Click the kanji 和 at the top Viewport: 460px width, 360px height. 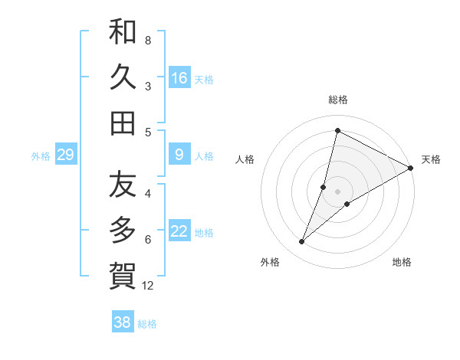[x=123, y=31]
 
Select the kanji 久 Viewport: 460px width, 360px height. [x=123, y=77]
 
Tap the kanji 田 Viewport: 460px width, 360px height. [x=123, y=123]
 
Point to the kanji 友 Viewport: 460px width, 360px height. [x=123, y=185]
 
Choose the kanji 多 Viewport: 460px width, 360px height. [x=123, y=230]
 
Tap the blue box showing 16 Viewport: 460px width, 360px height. [x=179, y=77]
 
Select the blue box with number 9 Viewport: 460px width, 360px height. [x=179, y=155]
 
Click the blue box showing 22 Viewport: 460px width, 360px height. [x=179, y=231]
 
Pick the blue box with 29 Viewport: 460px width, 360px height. [x=65, y=155]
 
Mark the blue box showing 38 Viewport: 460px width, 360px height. [x=123, y=322]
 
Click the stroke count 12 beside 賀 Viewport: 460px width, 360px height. [x=148, y=286]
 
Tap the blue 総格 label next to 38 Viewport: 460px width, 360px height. [x=147, y=324]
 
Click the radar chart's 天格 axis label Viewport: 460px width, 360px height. [x=431, y=159]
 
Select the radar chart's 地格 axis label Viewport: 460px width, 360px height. [x=402, y=262]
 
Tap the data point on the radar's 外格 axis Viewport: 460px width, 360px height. [x=301, y=242]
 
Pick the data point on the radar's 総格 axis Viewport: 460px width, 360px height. [x=337, y=131]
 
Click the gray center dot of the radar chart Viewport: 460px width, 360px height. [x=337, y=191]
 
